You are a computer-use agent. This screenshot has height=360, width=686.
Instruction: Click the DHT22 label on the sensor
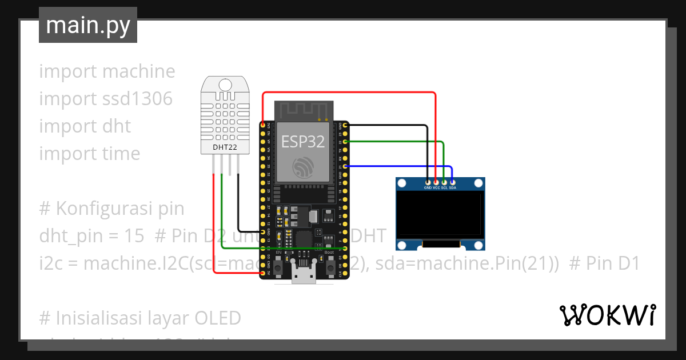(225, 147)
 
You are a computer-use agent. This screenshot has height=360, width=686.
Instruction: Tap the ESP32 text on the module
(303, 141)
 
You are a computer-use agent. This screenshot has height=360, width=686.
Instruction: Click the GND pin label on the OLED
(428, 187)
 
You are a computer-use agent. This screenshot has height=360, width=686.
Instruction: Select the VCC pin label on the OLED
(436, 187)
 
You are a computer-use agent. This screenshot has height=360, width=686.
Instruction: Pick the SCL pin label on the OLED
(444, 187)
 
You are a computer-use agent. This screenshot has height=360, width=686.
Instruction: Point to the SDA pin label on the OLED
(452, 187)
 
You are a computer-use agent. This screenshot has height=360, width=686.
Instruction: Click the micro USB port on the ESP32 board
(304, 275)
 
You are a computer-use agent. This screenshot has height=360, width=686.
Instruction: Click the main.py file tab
(88, 26)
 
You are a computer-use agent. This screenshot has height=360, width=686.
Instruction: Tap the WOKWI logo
(607, 315)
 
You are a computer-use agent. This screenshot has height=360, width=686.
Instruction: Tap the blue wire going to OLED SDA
(400, 166)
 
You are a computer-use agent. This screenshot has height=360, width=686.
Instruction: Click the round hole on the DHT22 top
(225, 85)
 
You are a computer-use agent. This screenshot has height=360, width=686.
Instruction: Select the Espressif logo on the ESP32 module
(303, 167)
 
